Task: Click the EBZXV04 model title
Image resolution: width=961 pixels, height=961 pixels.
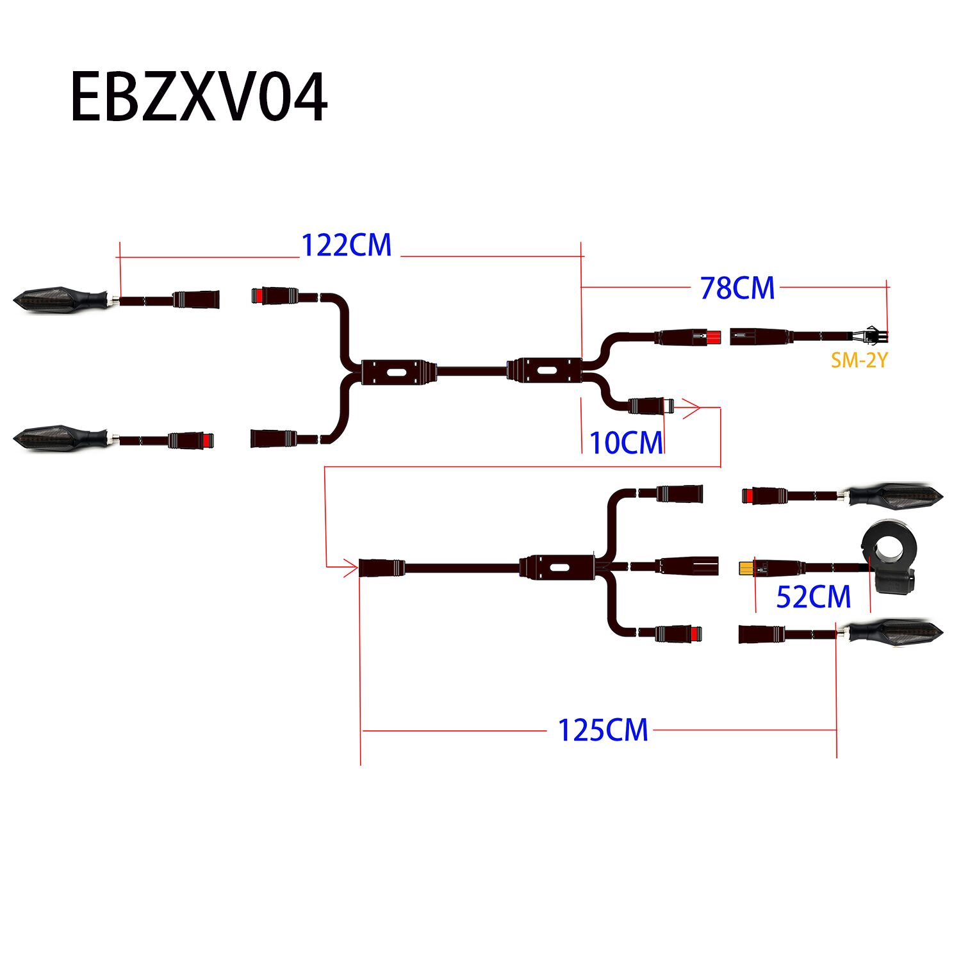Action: coord(199,97)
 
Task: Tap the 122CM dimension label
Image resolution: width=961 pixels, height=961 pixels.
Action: coord(346,245)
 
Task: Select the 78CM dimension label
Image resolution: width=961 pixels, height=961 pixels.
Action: coord(737,288)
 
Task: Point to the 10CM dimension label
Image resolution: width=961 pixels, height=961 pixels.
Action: coord(626,443)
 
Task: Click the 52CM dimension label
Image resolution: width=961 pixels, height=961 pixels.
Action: coord(813,597)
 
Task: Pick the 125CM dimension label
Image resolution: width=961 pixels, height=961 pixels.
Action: coord(603,730)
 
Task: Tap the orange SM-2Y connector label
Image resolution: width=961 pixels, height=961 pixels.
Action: coord(859,361)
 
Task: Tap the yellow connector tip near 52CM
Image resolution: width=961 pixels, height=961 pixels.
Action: coord(746,568)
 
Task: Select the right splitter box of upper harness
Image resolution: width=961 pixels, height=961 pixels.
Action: coord(545,371)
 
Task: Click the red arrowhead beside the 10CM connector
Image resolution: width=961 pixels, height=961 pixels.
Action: coord(692,407)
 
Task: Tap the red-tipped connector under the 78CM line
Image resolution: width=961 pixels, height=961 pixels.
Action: coord(712,337)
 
